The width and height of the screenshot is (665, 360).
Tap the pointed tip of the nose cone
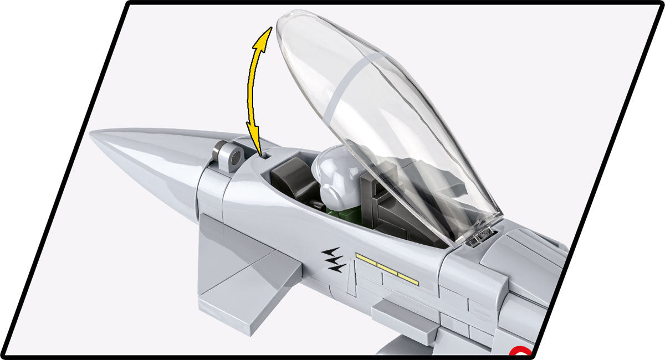pos(93,136)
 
